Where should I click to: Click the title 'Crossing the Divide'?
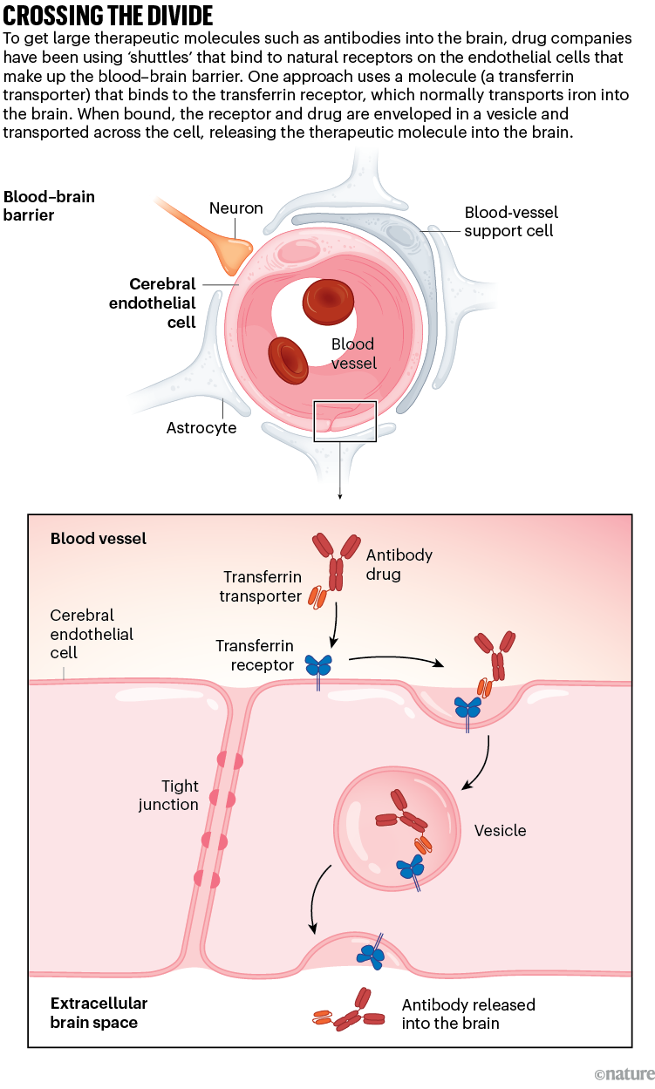tap(109, 17)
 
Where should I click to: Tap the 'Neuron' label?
tap(235, 208)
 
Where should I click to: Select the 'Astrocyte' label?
tap(201, 428)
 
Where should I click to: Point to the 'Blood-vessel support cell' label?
tap(510, 221)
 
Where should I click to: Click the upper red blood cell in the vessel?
tap(328, 302)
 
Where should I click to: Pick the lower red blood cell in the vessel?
tap(289, 360)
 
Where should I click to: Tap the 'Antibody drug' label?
tap(399, 563)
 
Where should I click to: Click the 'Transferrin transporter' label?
tap(263, 587)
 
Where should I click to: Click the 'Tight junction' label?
tap(168, 795)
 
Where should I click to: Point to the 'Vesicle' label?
tap(500, 831)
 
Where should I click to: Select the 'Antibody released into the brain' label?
tap(468, 1013)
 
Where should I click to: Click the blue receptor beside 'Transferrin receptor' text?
tap(318, 667)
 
